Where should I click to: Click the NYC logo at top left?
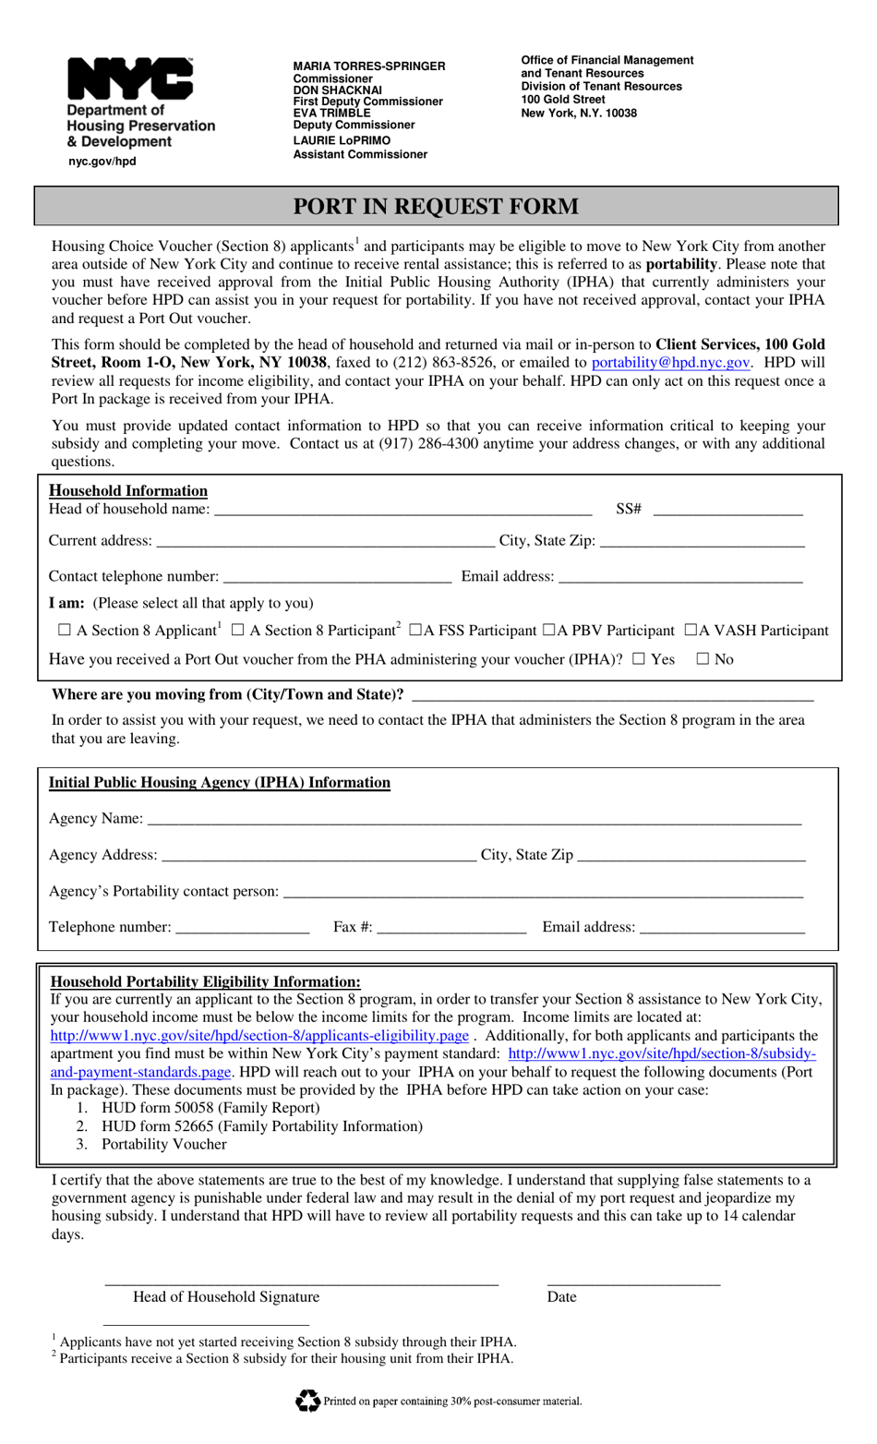pyautogui.click(x=129, y=79)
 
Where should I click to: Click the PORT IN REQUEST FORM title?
pyautogui.click(x=436, y=206)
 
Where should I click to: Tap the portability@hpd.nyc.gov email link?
pyautogui.click(x=670, y=363)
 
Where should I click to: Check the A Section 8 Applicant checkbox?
pyautogui.click(x=64, y=631)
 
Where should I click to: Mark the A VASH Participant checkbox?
pyautogui.click(x=691, y=631)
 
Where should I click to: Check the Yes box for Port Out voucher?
pyautogui.click(x=639, y=659)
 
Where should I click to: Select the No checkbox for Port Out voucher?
pyautogui.click(x=703, y=659)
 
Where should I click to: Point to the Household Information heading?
pyautogui.click(x=128, y=491)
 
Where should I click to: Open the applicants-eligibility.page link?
pyautogui.click(x=259, y=1036)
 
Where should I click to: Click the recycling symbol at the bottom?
pyautogui.click(x=307, y=1401)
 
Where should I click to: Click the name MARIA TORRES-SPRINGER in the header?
pyautogui.click(x=369, y=66)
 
